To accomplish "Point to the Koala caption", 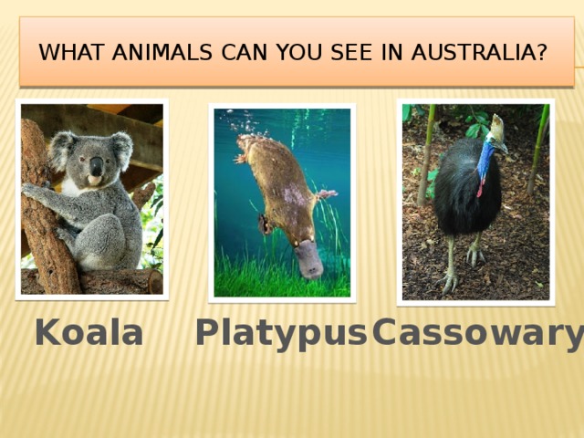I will click(x=89, y=334).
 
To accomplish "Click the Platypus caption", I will click(x=280, y=334).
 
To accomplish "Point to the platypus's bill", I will click(x=308, y=262).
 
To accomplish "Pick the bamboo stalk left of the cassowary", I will click(x=426, y=155).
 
